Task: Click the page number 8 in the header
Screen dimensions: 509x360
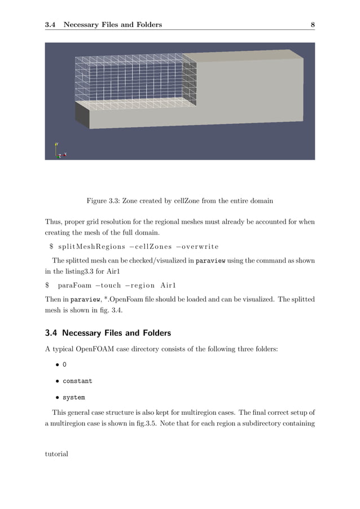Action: (x=312, y=24)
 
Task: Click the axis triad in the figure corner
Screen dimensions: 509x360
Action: (x=60, y=151)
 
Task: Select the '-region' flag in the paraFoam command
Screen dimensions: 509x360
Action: (x=141, y=286)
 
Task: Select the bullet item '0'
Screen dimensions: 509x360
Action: (x=65, y=365)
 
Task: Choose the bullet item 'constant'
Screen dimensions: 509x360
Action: (x=77, y=381)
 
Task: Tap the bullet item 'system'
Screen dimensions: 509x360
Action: (x=73, y=397)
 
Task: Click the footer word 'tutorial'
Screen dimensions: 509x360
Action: (x=56, y=454)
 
